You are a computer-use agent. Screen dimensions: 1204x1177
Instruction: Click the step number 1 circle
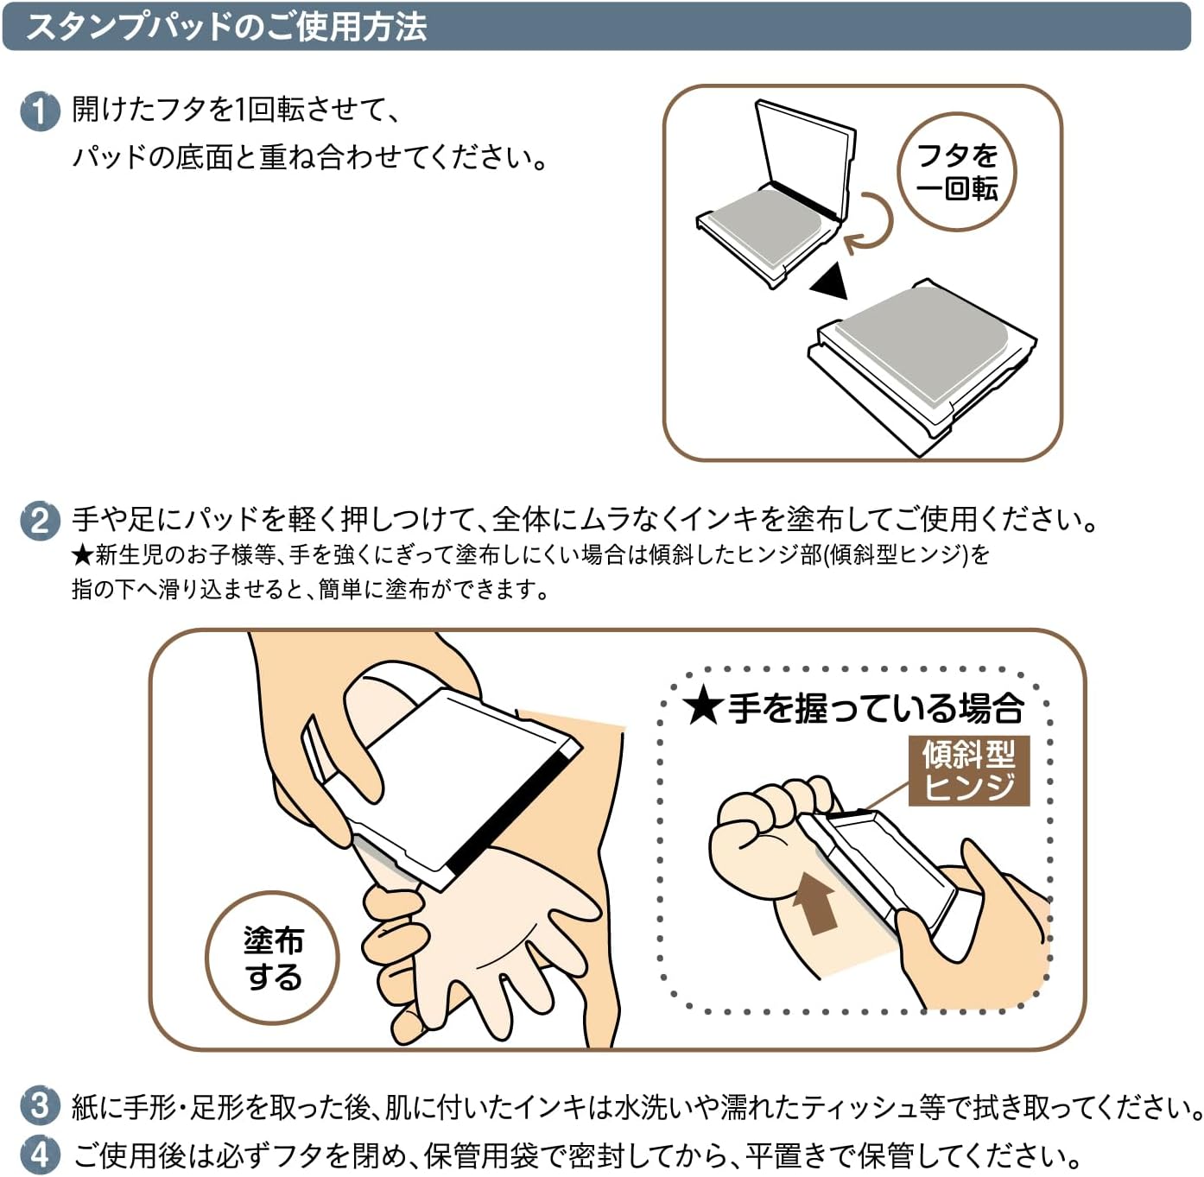click(40, 112)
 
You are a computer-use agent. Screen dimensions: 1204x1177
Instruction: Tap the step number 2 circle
click(40, 522)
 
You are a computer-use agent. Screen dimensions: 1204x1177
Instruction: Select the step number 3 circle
click(40, 1105)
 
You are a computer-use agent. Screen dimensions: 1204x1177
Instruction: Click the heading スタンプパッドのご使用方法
click(226, 28)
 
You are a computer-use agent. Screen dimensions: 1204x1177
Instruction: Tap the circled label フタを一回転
click(956, 172)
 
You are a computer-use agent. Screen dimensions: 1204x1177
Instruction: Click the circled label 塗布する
click(272, 958)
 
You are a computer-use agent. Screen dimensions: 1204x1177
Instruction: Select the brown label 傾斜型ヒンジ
click(969, 770)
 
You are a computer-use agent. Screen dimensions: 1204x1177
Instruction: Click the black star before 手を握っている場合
click(703, 707)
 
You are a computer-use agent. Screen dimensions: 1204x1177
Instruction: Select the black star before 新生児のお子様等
click(82, 555)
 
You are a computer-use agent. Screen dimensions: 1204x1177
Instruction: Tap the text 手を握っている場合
click(876, 707)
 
